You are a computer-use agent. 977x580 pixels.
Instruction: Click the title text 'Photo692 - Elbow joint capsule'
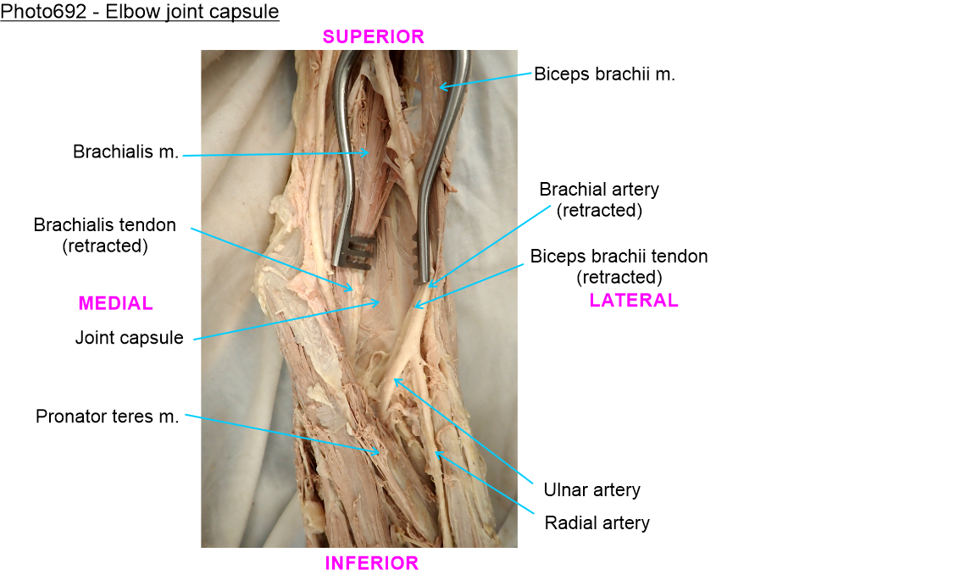tap(140, 13)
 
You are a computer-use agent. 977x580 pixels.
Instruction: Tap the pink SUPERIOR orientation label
tap(373, 36)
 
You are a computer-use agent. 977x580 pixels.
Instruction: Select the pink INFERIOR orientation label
tap(372, 563)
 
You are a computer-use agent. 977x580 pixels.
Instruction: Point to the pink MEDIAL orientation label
tap(116, 303)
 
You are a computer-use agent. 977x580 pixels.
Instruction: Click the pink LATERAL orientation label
tap(634, 300)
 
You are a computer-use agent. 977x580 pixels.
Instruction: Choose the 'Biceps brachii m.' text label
tap(604, 74)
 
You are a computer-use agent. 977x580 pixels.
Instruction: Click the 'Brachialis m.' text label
tap(126, 152)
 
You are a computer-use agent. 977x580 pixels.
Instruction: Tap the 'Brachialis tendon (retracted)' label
tap(105, 235)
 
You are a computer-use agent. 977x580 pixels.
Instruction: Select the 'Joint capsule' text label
tap(129, 338)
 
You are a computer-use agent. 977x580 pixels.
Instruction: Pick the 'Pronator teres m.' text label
tap(108, 417)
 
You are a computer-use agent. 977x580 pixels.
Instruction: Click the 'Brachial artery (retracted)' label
tap(599, 200)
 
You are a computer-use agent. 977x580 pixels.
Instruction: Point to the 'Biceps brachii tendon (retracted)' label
tap(619, 266)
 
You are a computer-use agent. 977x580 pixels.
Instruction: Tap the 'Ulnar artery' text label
tap(591, 489)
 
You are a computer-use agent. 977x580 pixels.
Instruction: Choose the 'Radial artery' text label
tap(597, 522)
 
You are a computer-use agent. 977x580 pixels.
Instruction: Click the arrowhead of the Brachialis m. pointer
tap(369, 153)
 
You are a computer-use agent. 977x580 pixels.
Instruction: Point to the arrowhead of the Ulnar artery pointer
tap(394, 379)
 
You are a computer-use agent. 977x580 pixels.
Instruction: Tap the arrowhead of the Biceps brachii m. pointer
tap(439, 86)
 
